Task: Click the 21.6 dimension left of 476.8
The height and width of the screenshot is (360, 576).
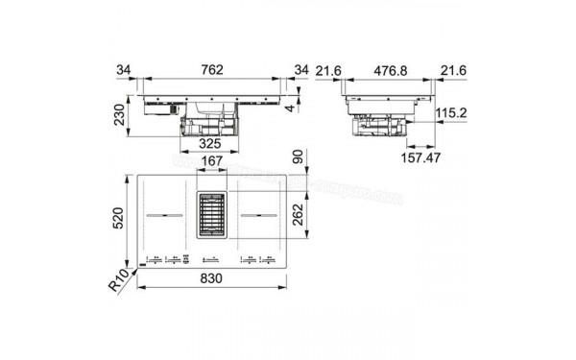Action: (328, 68)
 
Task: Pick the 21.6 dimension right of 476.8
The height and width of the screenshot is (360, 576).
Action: (452, 68)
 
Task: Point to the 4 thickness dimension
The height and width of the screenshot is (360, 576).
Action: (300, 108)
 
